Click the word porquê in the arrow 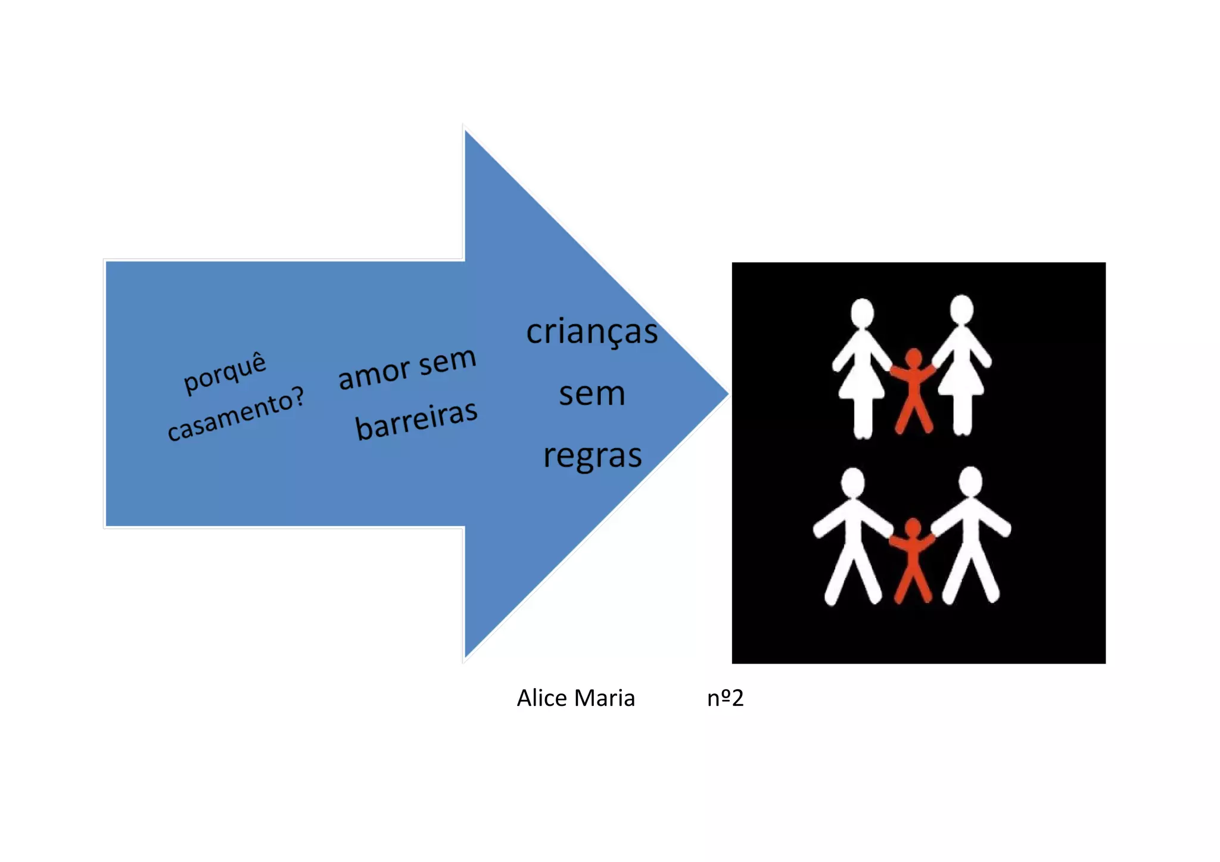tap(225, 373)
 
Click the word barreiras tap(416, 420)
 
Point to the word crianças tap(592, 332)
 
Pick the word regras tap(592, 456)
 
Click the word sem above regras tap(592, 394)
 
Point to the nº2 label tap(725, 698)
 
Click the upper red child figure tap(913, 390)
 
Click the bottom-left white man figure tap(852, 539)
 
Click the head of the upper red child tap(913, 358)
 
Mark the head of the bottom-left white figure tap(852, 481)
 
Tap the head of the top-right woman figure tap(961, 310)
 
